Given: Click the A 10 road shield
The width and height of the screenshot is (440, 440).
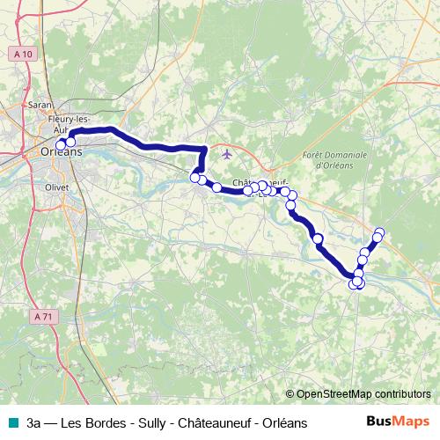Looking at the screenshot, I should [24, 55].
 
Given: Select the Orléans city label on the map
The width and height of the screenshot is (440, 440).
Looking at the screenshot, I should [62, 151].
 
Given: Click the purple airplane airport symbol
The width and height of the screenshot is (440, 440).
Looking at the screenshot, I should [228, 154].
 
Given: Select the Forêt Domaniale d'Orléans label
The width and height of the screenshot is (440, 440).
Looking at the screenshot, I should [326, 159].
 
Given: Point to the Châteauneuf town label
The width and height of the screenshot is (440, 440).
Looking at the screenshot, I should [260, 183].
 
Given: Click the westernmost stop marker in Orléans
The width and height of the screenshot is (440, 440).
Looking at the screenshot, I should [61, 145].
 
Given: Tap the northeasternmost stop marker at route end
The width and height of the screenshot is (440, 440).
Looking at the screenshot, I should [380, 232].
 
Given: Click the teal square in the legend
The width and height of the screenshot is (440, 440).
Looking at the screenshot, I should [14, 422].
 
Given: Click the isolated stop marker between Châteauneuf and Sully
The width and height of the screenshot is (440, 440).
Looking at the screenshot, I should [318, 238].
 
